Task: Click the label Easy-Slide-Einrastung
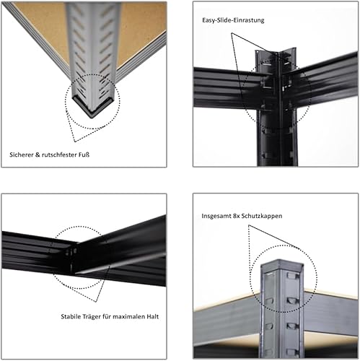pyautogui.click(x=233, y=20)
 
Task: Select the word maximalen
pyautogui.click(x=128, y=316)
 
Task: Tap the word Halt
pyautogui.click(x=153, y=316)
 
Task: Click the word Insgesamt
pyautogui.click(x=216, y=216)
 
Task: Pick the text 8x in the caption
pyautogui.click(x=237, y=216)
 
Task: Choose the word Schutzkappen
pyautogui.click(x=262, y=216)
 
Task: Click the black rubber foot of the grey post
pyautogui.click(x=92, y=108)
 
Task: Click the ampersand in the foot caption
pyautogui.click(x=38, y=155)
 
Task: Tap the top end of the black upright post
pyautogui.click(x=276, y=53)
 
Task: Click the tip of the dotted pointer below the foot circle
pyautogui.click(x=75, y=142)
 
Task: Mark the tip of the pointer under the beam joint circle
pyautogui.click(x=96, y=302)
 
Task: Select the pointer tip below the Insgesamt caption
pyautogui.click(x=249, y=225)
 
